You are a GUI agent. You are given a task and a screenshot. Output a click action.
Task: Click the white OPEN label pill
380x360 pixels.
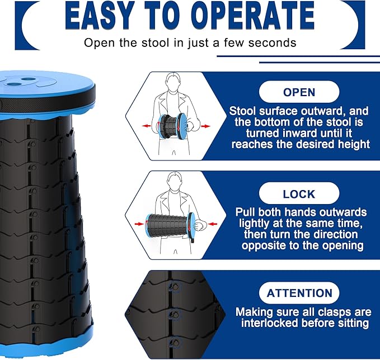point(299,92)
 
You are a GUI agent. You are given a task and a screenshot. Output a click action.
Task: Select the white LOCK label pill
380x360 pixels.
point(299,193)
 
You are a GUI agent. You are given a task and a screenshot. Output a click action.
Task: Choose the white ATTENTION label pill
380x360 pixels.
point(299,293)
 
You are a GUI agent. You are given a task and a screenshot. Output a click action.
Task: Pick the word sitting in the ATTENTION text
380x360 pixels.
point(350,323)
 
